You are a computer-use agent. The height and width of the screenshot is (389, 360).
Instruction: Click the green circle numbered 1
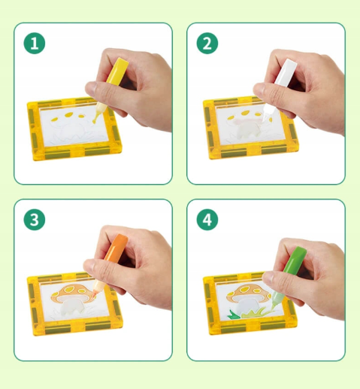tap(35, 43)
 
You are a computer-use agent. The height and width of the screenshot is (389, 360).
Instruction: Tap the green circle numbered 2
tap(207, 43)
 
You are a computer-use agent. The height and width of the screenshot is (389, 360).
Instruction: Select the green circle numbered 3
tap(35, 220)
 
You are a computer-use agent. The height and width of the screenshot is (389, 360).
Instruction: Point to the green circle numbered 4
tap(207, 220)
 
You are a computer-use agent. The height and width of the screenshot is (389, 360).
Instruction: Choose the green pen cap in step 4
tap(295, 260)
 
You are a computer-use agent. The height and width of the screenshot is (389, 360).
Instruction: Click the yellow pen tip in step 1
tap(94, 122)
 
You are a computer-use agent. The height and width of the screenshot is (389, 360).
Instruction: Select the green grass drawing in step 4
tap(247, 313)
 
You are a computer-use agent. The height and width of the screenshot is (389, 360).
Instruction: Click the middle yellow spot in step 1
tap(69, 115)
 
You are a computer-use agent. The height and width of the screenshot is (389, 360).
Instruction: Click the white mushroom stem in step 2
tap(247, 131)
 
